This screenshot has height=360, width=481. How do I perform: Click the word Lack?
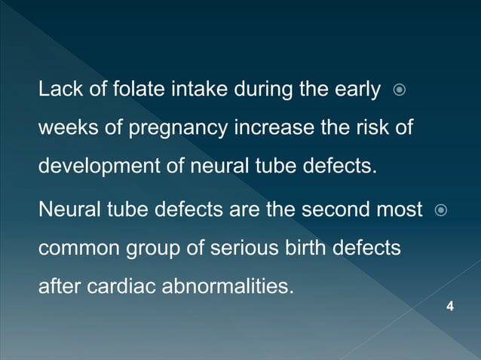[x=57, y=92]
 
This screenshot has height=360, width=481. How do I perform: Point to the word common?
[x=74, y=249]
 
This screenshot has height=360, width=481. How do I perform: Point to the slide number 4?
[x=450, y=306]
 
